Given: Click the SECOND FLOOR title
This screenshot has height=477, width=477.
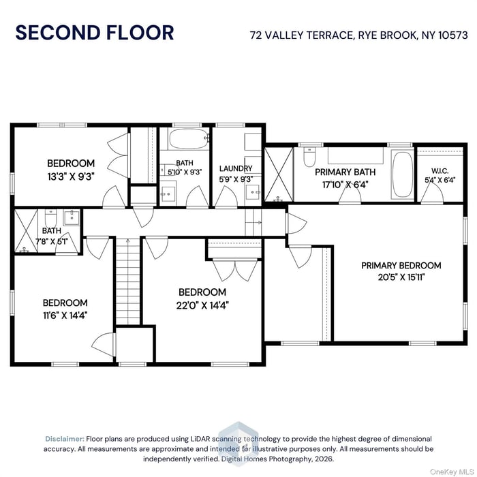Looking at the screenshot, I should [x=95, y=32].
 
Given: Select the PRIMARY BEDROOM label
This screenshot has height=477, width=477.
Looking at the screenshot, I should [x=401, y=265].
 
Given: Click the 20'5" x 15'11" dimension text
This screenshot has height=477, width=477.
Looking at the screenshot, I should [x=401, y=277].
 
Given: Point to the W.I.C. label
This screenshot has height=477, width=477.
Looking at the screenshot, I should [x=440, y=171].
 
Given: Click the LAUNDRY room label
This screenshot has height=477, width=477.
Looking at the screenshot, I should [x=236, y=168].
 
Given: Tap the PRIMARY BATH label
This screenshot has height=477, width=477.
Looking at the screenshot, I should [x=345, y=172].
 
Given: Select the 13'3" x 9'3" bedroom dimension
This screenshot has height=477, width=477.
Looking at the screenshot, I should [x=71, y=176].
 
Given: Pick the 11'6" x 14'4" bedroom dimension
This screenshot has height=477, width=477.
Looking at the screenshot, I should [x=65, y=315].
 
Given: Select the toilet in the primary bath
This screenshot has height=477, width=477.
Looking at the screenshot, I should [x=309, y=159].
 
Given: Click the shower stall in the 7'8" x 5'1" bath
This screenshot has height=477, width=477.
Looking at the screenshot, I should [x=27, y=230].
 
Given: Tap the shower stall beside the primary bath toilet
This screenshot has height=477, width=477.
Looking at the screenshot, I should [x=277, y=172].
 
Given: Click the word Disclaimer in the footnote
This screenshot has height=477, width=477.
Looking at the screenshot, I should [x=65, y=439].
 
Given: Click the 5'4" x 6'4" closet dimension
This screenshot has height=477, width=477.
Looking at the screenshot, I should [x=440, y=181].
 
